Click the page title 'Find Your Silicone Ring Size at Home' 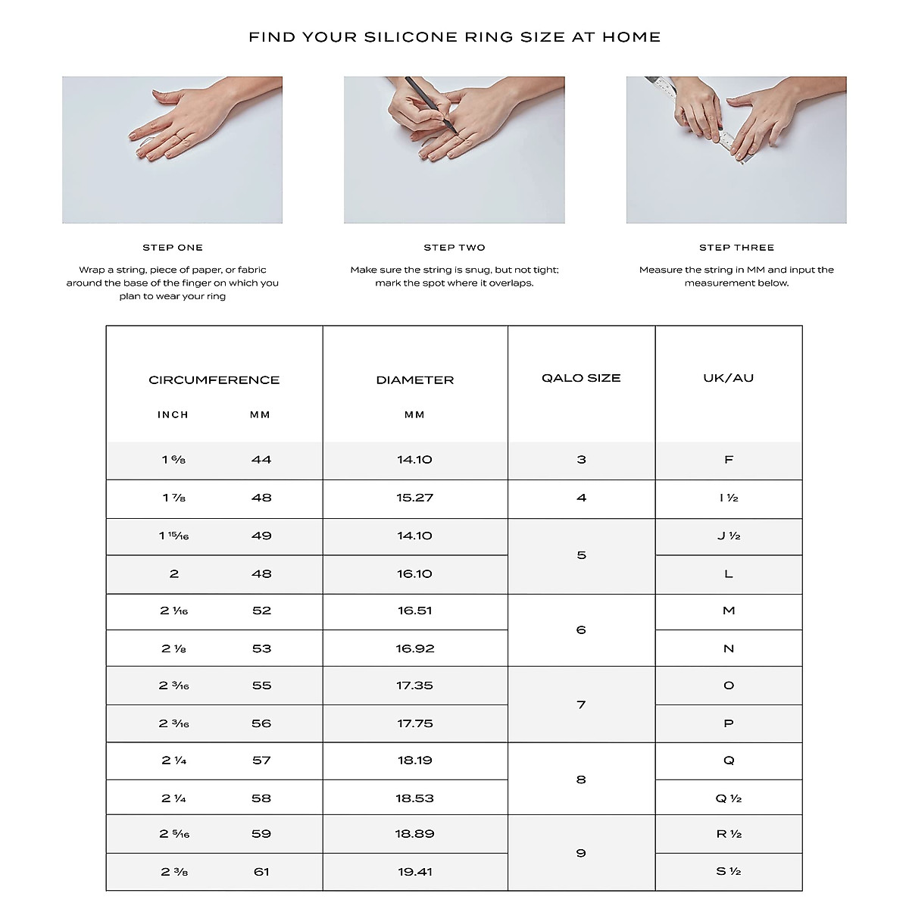click(x=454, y=37)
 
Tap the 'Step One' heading click(x=173, y=248)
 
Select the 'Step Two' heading click(x=454, y=248)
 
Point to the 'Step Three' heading click(x=736, y=248)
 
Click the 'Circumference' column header click(x=214, y=380)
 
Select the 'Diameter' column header click(x=415, y=380)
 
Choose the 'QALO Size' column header click(x=581, y=378)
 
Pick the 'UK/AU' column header click(x=729, y=378)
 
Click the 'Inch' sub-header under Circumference click(x=173, y=415)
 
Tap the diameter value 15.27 click(x=415, y=498)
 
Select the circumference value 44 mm click(x=261, y=460)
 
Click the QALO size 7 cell click(x=581, y=705)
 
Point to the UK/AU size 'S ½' click(x=729, y=872)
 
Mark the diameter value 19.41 click(x=415, y=873)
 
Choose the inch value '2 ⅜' click(x=174, y=873)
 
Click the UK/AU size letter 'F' click(x=729, y=460)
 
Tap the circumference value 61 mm click(x=261, y=873)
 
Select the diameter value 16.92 click(x=415, y=649)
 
